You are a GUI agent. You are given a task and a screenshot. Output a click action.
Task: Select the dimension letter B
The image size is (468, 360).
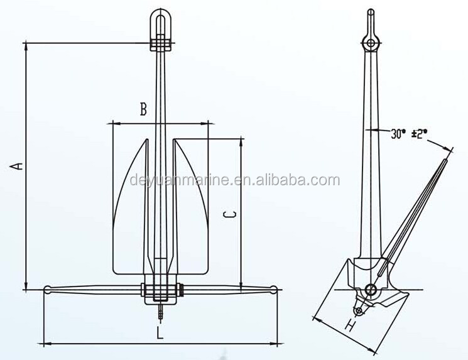click(144, 109)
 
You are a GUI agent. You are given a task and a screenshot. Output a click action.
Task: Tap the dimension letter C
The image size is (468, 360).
click(230, 214)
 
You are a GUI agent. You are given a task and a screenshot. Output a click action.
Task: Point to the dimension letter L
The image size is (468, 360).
click(160, 332)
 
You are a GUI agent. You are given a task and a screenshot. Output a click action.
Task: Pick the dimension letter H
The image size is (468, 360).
click(351, 324)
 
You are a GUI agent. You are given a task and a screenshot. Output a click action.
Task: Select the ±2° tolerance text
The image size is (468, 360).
click(420, 133)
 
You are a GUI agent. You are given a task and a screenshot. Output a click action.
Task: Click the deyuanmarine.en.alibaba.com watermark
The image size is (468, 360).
click(235, 180)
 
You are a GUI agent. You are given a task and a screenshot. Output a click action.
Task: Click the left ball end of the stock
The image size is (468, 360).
click(48, 289)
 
